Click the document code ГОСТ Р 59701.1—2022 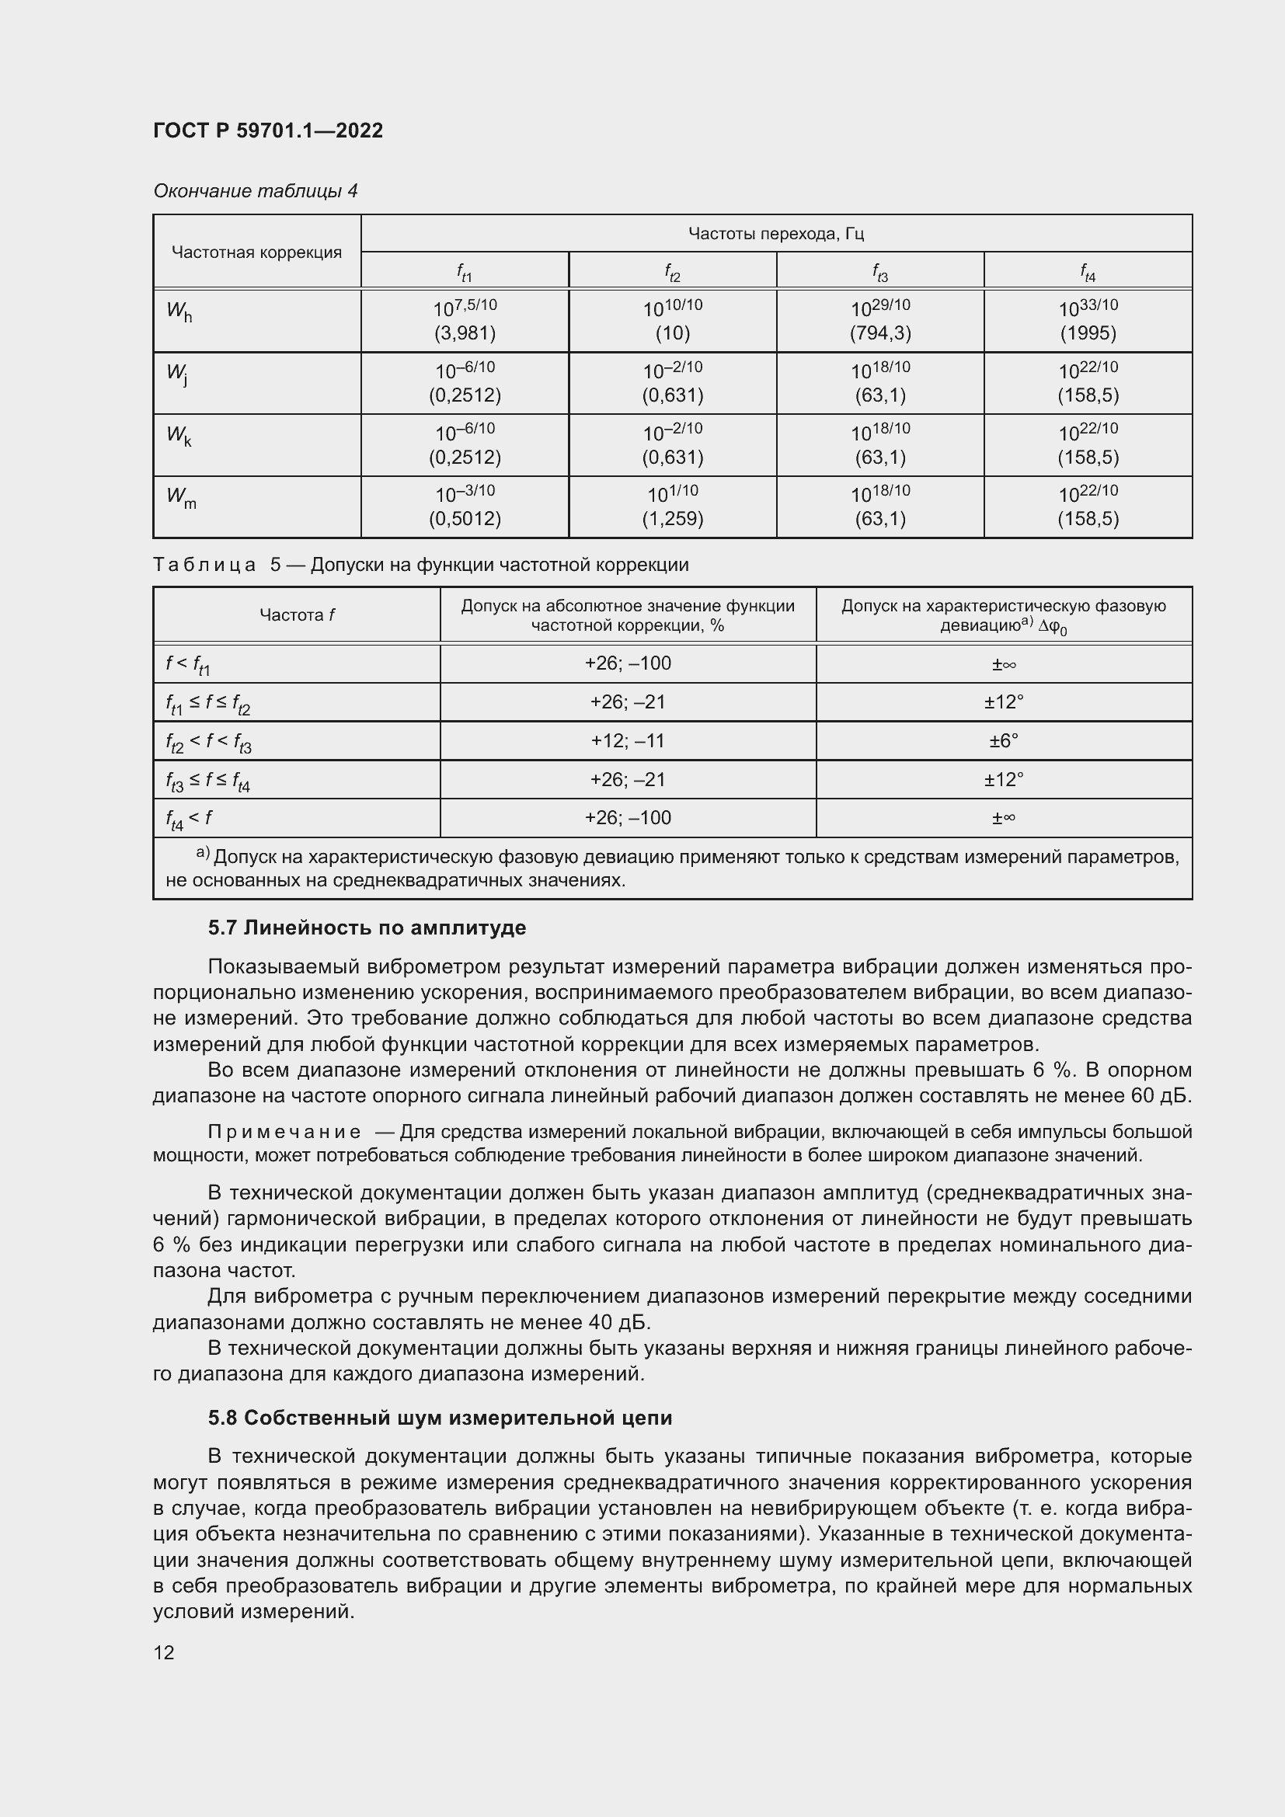(x=267, y=131)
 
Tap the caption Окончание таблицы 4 (x=255, y=191)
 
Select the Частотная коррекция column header (x=256, y=252)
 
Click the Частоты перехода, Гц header (x=775, y=234)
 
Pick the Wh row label (x=179, y=312)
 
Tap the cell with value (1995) (x=1087, y=333)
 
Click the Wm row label (x=181, y=498)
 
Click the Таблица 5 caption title (x=420, y=565)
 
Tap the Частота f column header (x=297, y=615)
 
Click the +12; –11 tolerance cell (x=628, y=741)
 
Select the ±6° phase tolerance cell (x=1003, y=741)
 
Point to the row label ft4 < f (x=189, y=819)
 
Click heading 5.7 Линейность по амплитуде (x=367, y=928)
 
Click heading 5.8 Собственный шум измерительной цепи (x=440, y=1418)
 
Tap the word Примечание (x=284, y=1133)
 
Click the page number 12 (x=164, y=1652)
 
